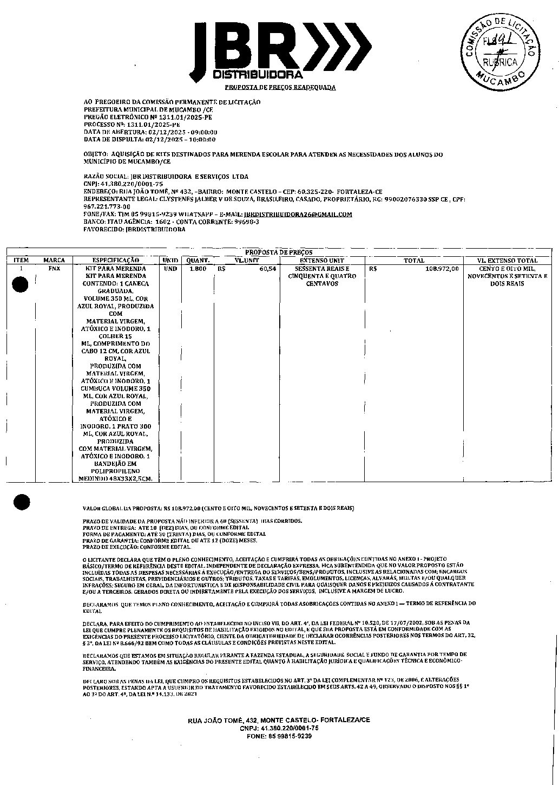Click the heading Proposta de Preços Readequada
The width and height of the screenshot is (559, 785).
point(280,87)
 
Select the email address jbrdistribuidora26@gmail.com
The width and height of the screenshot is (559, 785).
point(298,215)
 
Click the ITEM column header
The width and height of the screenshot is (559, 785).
point(21,261)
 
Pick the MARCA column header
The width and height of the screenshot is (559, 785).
point(54,261)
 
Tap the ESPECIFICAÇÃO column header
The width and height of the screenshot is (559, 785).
point(116,261)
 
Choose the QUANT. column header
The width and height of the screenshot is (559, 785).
point(198,261)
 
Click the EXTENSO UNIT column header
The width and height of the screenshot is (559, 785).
point(322,261)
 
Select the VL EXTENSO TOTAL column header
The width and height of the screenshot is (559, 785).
point(507,261)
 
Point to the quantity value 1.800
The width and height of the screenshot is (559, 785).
point(198,269)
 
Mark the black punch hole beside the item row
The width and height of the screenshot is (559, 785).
point(20,284)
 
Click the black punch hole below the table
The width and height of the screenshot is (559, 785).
point(22,502)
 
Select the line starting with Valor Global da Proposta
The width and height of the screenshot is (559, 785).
point(218,509)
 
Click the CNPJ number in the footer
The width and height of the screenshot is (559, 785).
point(279,729)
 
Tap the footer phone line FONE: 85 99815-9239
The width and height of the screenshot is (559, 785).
point(279,737)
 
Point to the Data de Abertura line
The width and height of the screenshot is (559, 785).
point(150,132)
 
